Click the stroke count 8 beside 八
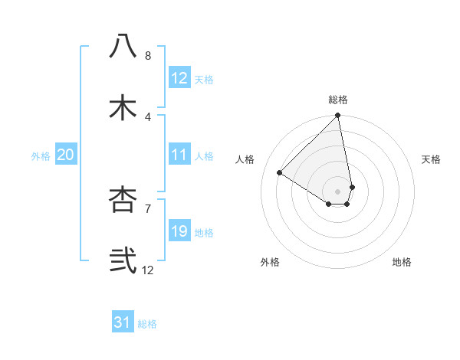tap(148, 55)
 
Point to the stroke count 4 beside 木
tap(148, 117)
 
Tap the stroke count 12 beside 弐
tap(148, 270)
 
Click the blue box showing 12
tap(179, 78)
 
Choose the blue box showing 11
tap(179, 155)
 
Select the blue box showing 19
tap(179, 231)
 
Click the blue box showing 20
tap(66, 155)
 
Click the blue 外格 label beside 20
tap(41, 156)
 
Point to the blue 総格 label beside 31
tap(147, 324)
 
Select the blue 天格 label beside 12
tap(204, 80)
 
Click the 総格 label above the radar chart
tap(338, 100)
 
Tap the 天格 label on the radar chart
tap(431, 159)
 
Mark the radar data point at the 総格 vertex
tap(338, 116)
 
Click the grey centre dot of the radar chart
tap(338, 191)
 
